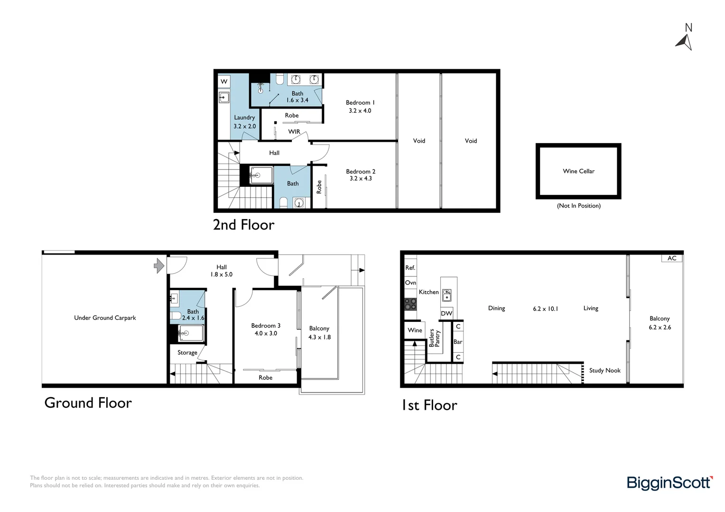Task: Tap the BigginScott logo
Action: coord(669,483)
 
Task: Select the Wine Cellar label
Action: coord(578,171)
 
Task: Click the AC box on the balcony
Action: coord(672,258)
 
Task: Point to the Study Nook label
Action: coord(604,371)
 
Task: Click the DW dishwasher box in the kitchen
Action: coord(446,313)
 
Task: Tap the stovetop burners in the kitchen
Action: coord(410,304)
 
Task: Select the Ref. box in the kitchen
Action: coord(410,268)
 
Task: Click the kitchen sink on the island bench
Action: coord(446,295)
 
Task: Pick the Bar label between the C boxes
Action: coord(458,342)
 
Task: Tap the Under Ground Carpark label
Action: coord(105,318)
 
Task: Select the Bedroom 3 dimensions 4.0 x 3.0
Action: coord(266,334)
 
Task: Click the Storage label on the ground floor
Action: coord(187,353)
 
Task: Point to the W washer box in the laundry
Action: coord(224,82)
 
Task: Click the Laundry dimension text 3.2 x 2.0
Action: coord(244,127)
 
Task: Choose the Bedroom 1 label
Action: coord(360,103)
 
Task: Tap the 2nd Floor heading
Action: coord(243,225)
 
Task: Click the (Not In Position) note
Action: coord(578,206)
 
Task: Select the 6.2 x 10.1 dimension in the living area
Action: coord(545,309)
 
